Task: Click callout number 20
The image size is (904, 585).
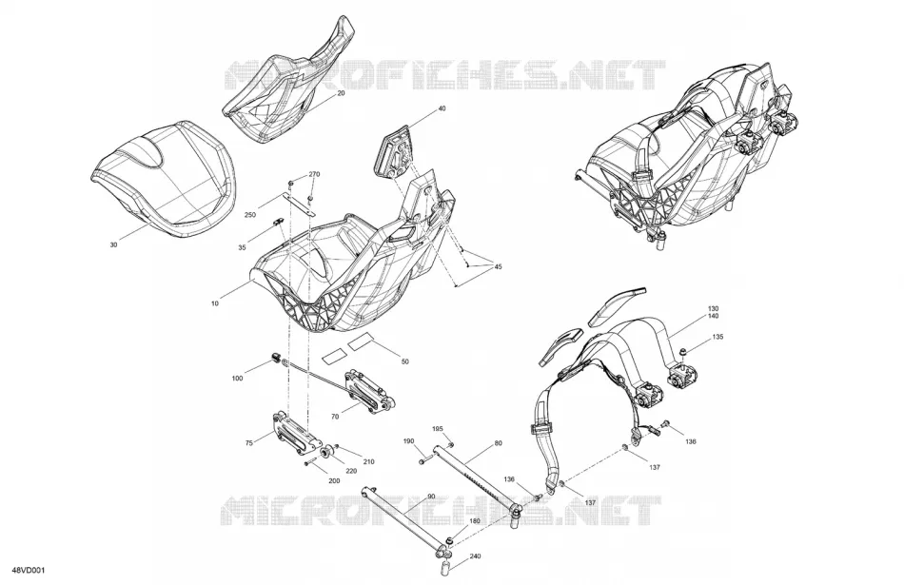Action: [341, 93]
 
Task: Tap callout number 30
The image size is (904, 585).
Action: [113, 245]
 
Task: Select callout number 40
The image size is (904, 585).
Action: [442, 108]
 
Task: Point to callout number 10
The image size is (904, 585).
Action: [215, 302]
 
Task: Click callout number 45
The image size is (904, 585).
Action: [498, 267]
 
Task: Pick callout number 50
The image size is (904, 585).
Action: [404, 361]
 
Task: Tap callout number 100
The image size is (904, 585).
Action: [237, 378]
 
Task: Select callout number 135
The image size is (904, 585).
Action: [717, 337]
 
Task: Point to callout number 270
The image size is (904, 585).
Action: [314, 174]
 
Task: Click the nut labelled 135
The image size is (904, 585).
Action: [682, 351]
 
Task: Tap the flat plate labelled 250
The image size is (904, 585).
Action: [299, 203]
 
